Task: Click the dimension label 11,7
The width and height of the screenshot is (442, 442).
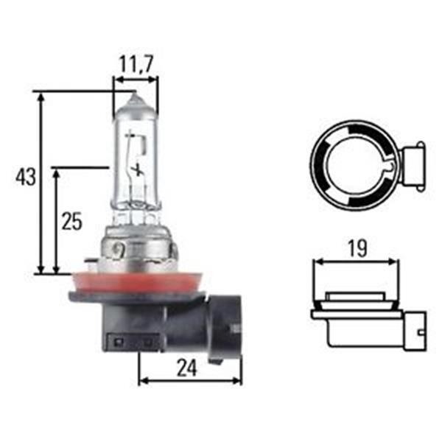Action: pyautogui.click(x=136, y=64)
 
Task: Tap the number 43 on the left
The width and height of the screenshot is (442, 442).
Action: pyautogui.click(x=26, y=177)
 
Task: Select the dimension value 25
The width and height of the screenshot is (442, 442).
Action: pyautogui.click(x=72, y=221)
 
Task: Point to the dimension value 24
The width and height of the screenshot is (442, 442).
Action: pyautogui.click(x=186, y=368)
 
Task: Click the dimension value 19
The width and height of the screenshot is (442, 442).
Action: pyautogui.click(x=358, y=248)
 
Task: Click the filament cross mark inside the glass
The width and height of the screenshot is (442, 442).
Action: pyautogui.click(x=138, y=169)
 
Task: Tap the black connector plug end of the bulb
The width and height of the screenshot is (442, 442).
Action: pyautogui.click(x=225, y=324)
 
